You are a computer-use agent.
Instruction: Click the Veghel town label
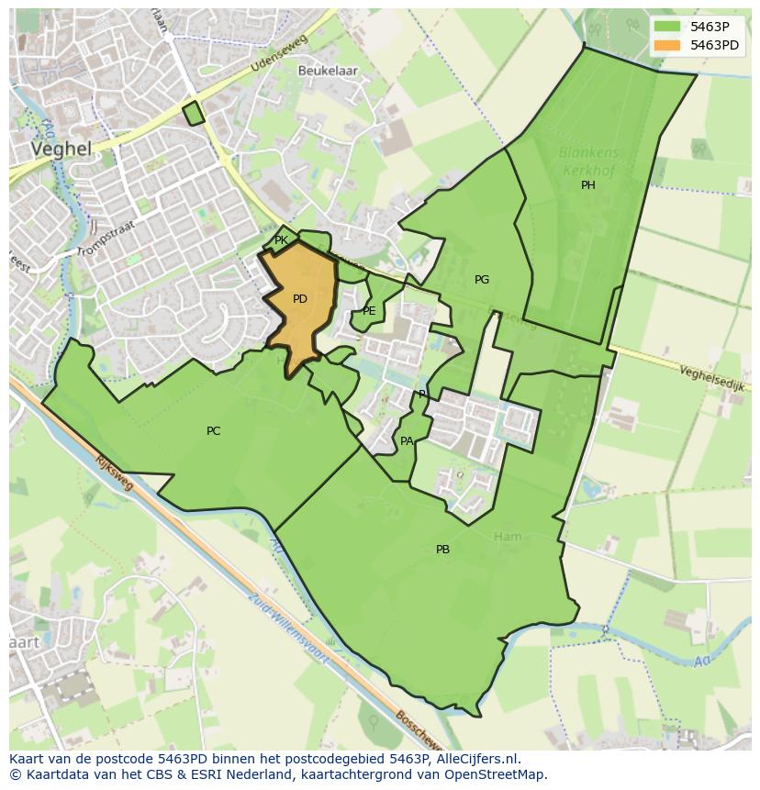pos(61,149)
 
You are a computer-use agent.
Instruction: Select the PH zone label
pos(587,185)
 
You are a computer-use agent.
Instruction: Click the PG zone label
pos(482,280)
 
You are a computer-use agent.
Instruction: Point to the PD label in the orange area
pos(300,299)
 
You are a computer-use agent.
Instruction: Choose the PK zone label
pos(281,240)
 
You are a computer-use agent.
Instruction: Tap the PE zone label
pos(369,311)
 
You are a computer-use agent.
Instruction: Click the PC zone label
pos(213,431)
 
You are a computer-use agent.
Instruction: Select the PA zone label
pos(407,441)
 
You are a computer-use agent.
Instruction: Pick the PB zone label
pos(442,550)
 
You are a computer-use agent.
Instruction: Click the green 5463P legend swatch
pos(667,26)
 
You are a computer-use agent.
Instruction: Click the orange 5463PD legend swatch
pos(667,44)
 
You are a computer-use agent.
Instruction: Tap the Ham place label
pos(507,537)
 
